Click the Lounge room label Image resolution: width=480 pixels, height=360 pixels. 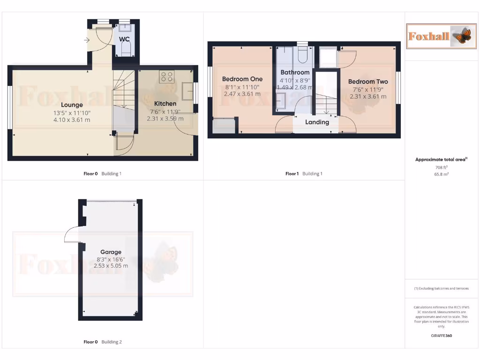point(72,105)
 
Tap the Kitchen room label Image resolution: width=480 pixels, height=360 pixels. point(165,104)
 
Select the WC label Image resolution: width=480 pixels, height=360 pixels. point(124,39)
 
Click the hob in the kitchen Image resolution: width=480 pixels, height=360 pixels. point(166,76)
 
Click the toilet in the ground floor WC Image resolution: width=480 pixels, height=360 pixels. point(125,49)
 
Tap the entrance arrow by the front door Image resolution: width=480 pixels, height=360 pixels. point(87,40)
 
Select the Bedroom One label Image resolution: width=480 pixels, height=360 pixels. point(242,79)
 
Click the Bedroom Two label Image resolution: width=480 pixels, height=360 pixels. point(368,82)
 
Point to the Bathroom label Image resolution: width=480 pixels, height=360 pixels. point(295,73)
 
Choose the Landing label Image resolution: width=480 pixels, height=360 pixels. point(317,122)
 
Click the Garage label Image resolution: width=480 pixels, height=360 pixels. point(110,252)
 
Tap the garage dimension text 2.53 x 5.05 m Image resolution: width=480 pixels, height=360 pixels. point(110,266)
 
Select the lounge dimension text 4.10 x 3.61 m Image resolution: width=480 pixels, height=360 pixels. point(72,120)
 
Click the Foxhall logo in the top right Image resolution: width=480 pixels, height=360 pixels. point(440,36)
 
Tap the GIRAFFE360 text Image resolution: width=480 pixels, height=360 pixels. point(441,336)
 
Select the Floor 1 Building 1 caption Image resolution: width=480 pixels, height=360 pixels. point(304,174)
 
